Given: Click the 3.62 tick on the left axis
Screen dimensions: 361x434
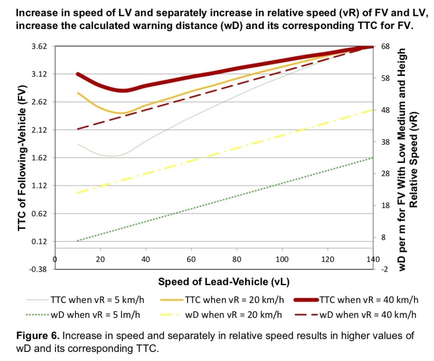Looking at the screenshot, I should pyautogui.click(x=39, y=46).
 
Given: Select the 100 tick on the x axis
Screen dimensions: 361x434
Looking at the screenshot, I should pyautogui.click(x=282, y=259).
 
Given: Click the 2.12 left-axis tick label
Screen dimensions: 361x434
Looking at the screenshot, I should pyautogui.click(x=39, y=130).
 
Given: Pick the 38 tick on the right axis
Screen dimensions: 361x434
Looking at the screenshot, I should pyautogui.click(x=385, y=142).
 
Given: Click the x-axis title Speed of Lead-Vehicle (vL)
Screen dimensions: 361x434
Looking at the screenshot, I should pyautogui.click(x=224, y=282).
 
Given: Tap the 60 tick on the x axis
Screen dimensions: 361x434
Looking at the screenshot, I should pyautogui.click(x=191, y=259).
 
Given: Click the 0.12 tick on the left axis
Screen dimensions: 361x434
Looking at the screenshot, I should pyautogui.click(x=39, y=241).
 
